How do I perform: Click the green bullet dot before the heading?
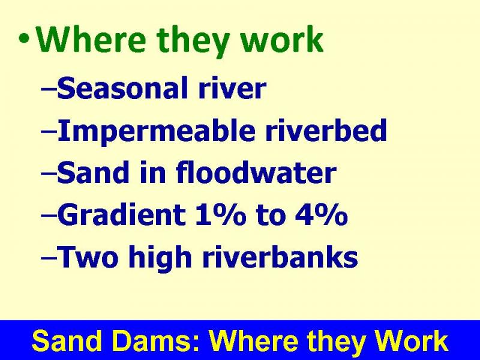[x=23, y=39]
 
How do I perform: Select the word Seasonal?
[x=122, y=88]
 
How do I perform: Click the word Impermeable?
[x=156, y=131]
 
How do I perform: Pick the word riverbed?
[x=326, y=130]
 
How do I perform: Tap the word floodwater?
[x=256, y=173]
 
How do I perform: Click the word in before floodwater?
[x=153, y=173]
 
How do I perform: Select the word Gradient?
[x=121, y=215]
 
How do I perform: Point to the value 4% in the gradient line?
[x=322, y=215]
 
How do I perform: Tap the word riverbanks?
[x=280, y=257]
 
